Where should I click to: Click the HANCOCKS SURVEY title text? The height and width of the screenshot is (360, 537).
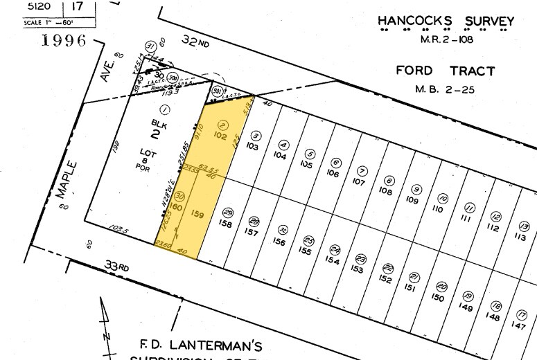[x=446, y=21]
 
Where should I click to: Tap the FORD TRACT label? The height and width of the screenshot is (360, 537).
[x=445, y=71]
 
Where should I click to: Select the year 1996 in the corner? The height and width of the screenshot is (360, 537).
[x=64, y=40]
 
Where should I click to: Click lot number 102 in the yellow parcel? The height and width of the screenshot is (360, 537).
[x=221, y=136]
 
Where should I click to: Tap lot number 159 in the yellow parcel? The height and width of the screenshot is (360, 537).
[x=197, y=215]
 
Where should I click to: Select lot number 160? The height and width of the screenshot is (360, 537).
[x=175, y=208]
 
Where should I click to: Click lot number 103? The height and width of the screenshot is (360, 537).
[x=252, y=147]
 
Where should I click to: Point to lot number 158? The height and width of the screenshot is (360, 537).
[x=225, y=224]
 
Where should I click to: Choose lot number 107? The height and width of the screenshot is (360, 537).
[x=358, y=182]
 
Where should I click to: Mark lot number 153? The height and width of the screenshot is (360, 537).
[x=358, y=269]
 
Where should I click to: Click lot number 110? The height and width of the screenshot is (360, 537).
[x=437, y=208]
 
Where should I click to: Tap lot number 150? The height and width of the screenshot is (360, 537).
[x=437, y=298]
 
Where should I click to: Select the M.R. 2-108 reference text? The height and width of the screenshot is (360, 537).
[x=446, y=39]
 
